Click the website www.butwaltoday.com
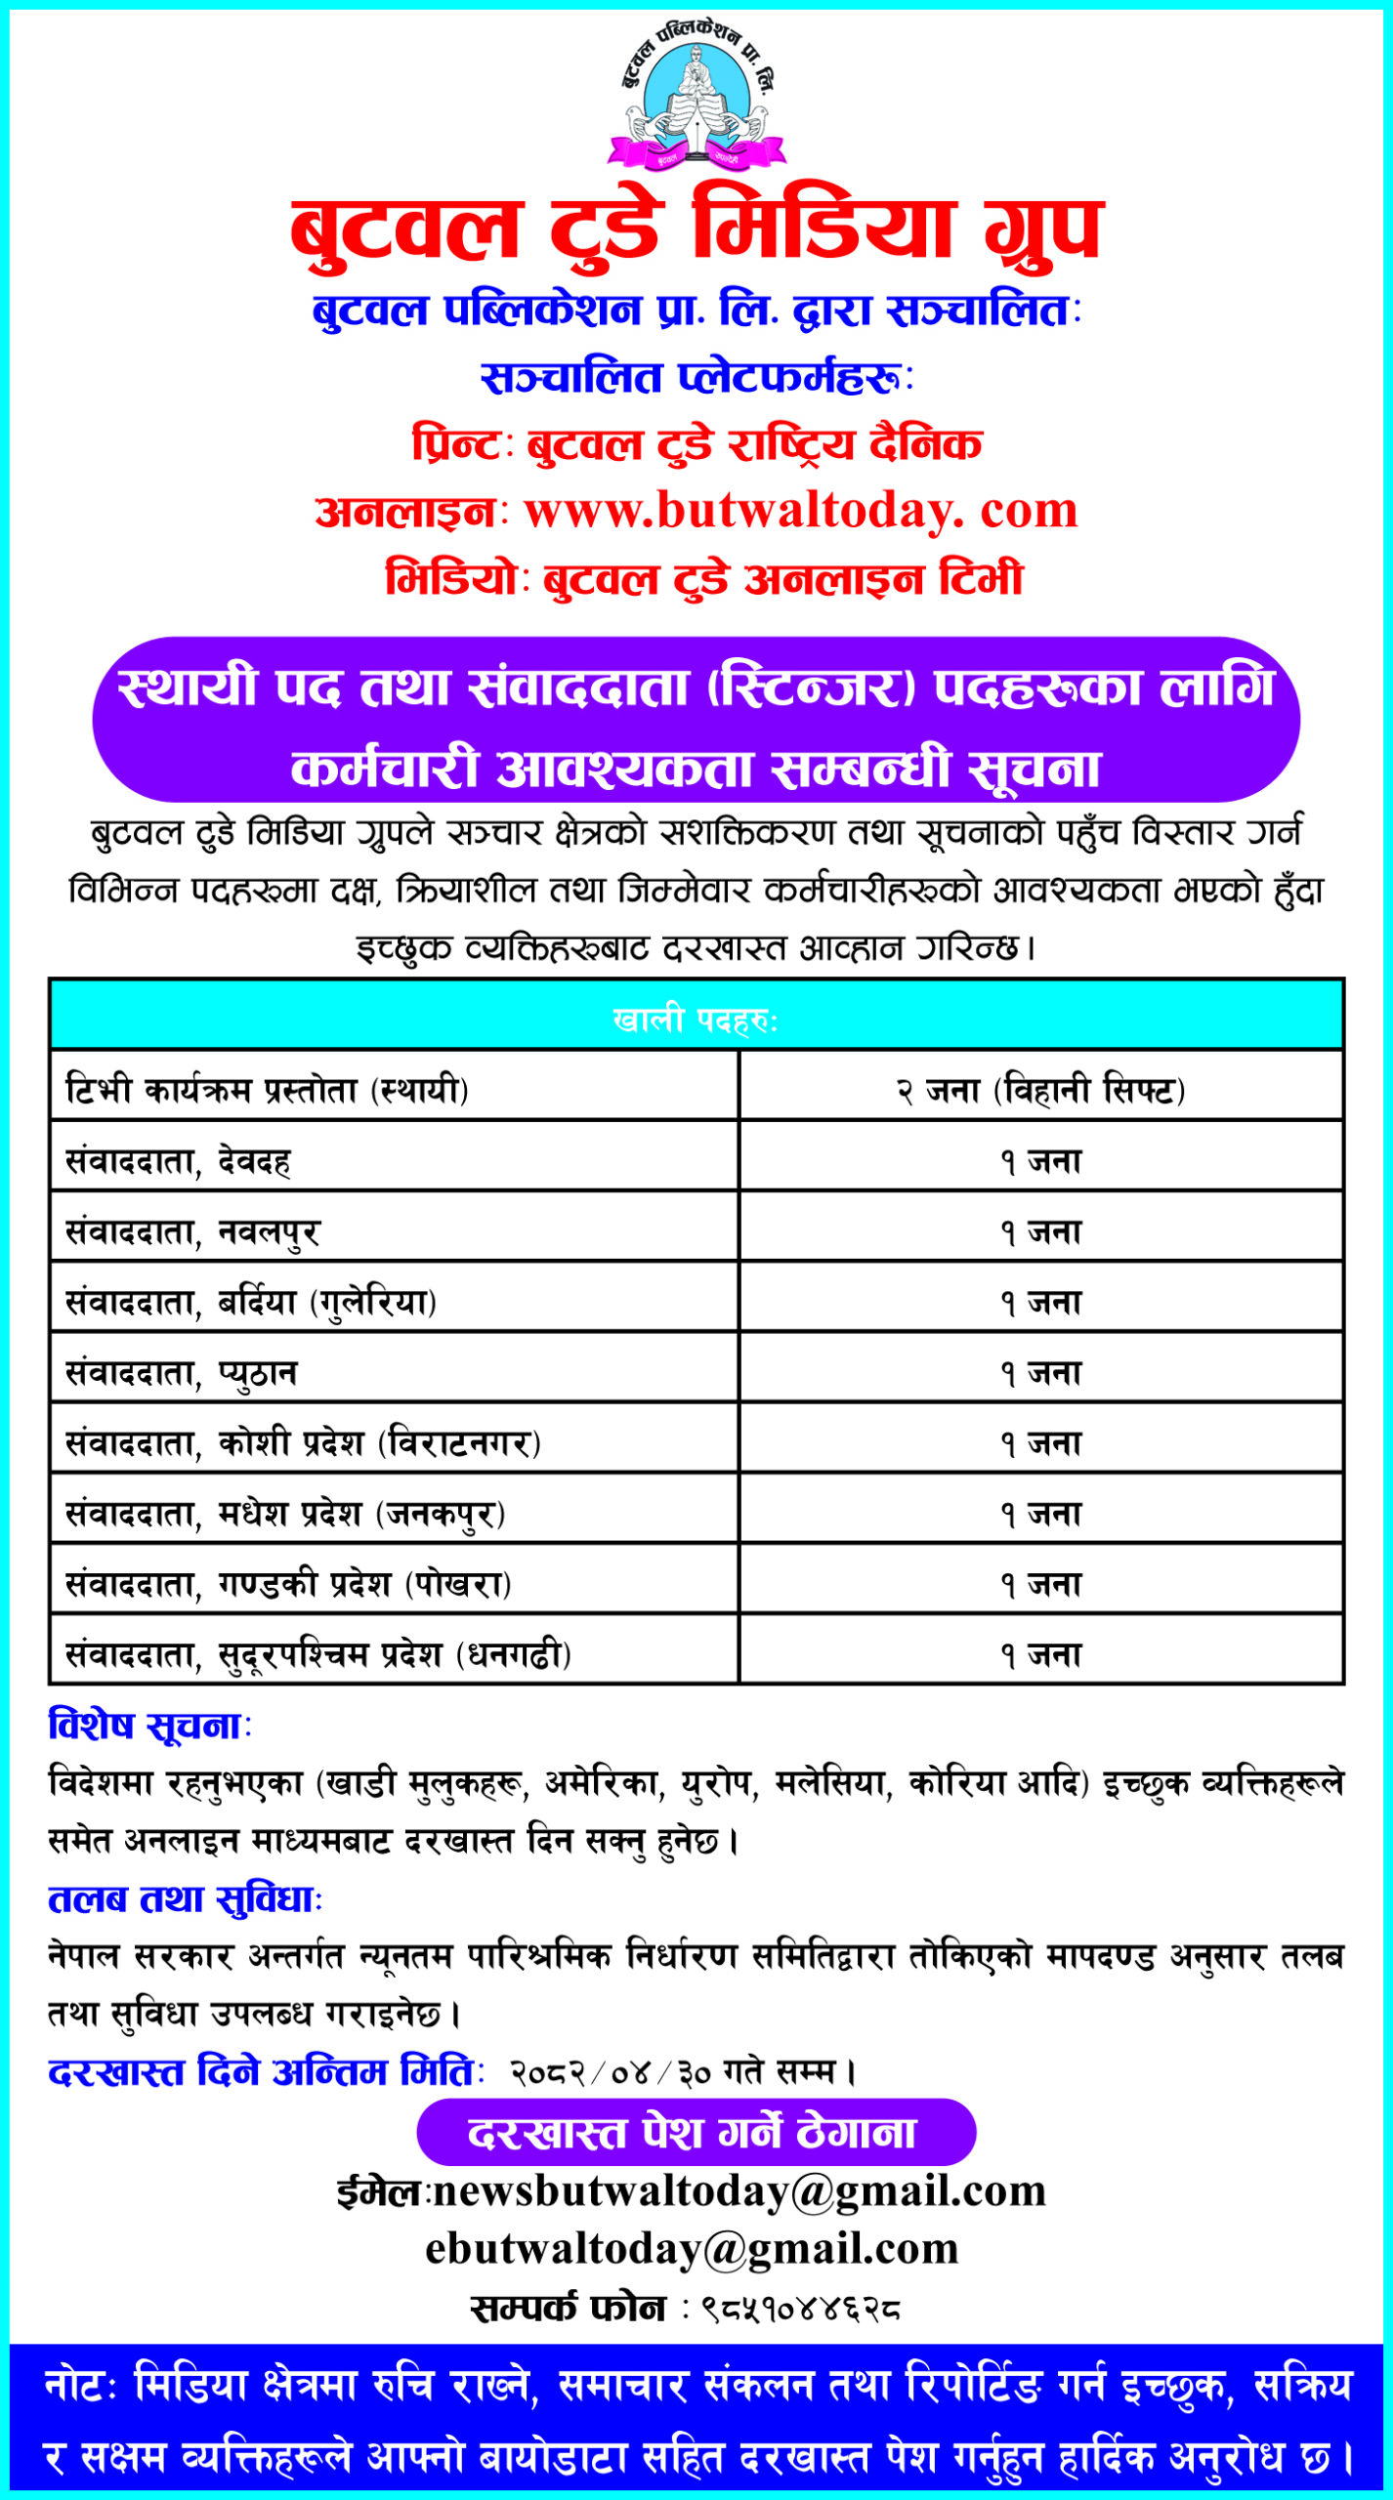pos(801,511)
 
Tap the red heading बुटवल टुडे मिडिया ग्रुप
pos(696,230)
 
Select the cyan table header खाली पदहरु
pos(696,1020)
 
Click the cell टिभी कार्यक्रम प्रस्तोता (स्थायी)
pos(267,1089)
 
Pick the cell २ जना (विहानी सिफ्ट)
pos(1041,1089)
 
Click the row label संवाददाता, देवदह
pos(178,1161)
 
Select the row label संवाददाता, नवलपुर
pos(192,1232)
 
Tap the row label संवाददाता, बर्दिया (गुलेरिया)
pos(250,1303)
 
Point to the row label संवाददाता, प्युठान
pos(181,1373)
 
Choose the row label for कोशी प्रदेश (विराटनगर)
pos(303,1443)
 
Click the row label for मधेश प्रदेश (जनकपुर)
pos(284,1514)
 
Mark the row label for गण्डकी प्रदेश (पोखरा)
pos(288,1584)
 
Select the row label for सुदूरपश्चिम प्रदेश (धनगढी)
pos(317,1654)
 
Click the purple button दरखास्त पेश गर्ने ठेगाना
pos(696,2133)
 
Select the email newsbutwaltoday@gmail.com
pos(739,2191)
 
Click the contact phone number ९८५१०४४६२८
pos(800,2309)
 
